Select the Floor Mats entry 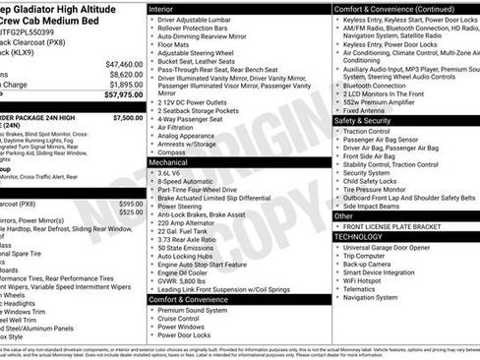click(178, 45)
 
